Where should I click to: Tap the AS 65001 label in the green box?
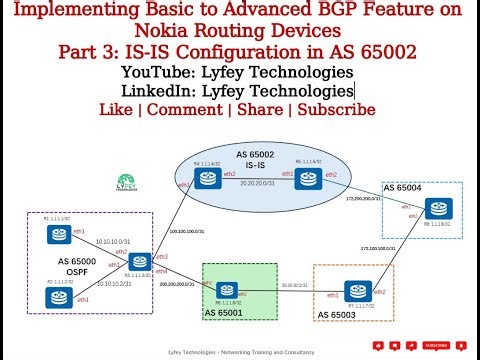click(229, 313)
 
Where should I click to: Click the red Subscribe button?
click(434, 346)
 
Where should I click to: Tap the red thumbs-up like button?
click(379, 346)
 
